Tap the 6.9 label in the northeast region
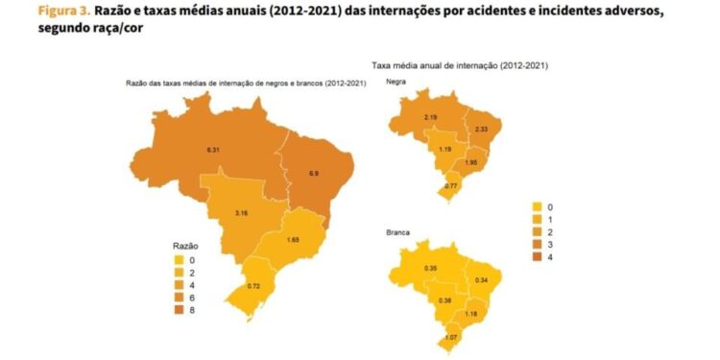(312, 173)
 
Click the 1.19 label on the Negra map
(444, 150)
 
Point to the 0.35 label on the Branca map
(431, 268)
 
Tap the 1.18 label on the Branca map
(471, 313)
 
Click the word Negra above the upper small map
(396, 83)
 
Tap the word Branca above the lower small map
(397, 231)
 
